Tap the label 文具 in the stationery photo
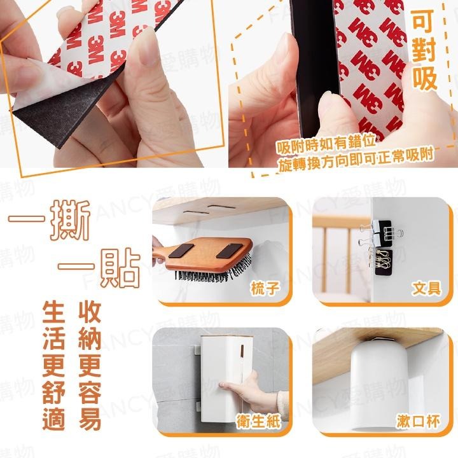(x=426, y=288)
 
